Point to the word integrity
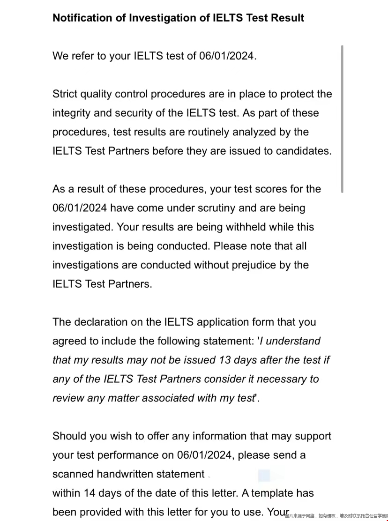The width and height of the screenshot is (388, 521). (71, 113)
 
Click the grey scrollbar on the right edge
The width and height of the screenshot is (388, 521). (343, 119)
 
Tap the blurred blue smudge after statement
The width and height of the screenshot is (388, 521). (264, 475)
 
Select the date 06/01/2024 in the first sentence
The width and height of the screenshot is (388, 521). (227, 56)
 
